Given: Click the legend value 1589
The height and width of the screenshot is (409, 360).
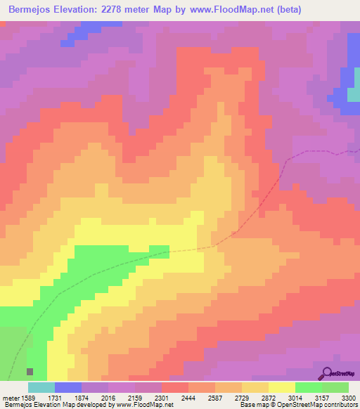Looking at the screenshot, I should [x=29, y=397].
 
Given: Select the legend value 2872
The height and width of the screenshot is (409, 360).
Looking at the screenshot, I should [x=268, y=397].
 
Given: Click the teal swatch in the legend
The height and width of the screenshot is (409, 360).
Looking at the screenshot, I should [x=41, y=387].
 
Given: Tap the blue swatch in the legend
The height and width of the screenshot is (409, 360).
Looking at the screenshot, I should [x=68, y=387].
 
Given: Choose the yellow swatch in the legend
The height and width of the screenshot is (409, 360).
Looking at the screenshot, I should [x=282, y=387].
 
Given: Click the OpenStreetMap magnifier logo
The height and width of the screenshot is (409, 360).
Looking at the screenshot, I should [x=325, y=373].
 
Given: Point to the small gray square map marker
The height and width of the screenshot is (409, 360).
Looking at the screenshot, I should [x=30, y=371].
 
